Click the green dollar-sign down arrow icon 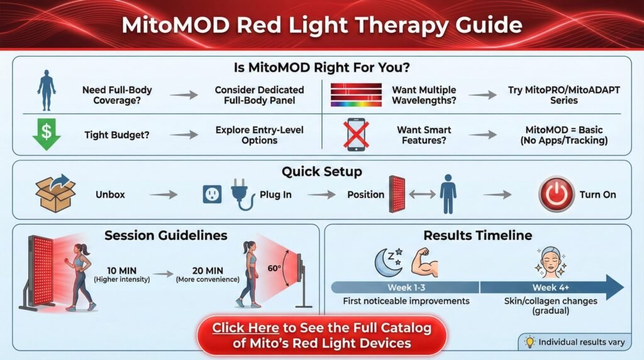click(x=47, y=134)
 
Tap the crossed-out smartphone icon click(x=356, y=134)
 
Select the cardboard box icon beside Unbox click(x=55, y=193)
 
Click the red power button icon click(x=556, y=194)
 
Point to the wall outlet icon click(x=213, y=194)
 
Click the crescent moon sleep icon click(x=389, y=262)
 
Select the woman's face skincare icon click(x=550, y=262)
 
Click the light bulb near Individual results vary click(x=530, y=342)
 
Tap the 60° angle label click(x=274, y=268)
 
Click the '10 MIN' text click(x=121, y=271)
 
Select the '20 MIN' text click(x=208, y=271)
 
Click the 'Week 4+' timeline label click(x=550, y=287)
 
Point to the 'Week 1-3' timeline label click(x=406, y=287)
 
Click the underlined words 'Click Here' click(x=246, y=328)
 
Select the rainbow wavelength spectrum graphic click(x=356, y=95)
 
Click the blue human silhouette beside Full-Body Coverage click(x=47, y=90)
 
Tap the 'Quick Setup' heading click(x=322, y=171)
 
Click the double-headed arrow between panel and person click(x=422, y=194)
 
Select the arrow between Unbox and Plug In click(x=163, y=194)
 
